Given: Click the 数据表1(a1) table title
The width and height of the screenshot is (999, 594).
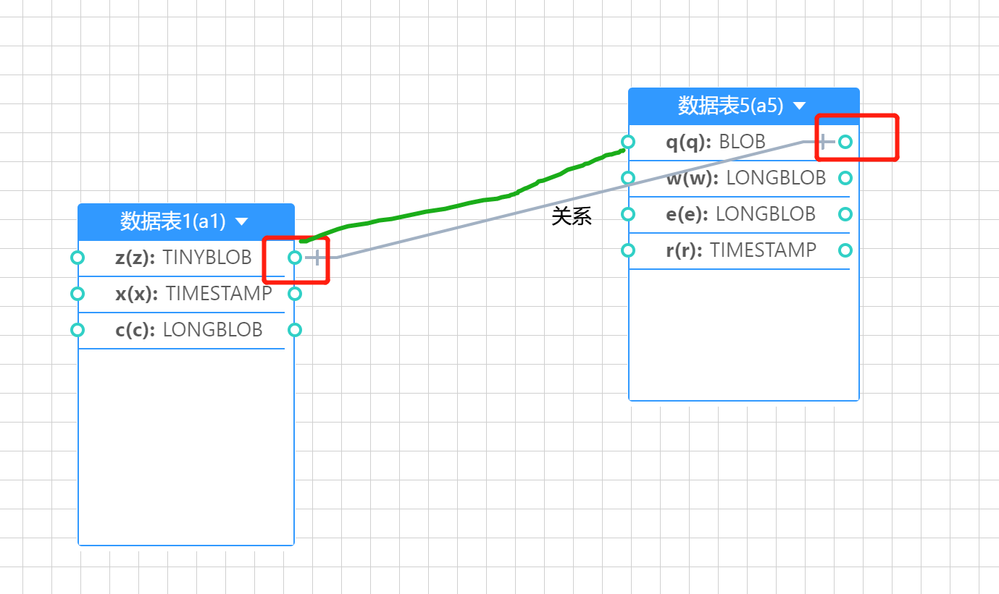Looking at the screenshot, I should coord(173,221).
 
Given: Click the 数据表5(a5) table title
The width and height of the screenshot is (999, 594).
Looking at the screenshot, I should coord(730,106).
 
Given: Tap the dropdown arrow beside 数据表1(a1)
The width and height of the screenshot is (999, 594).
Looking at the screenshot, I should coord(242,221).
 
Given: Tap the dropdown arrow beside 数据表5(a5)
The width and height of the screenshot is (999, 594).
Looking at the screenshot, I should coord(799,106).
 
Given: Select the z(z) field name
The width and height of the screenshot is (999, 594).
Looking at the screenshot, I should coord(135,258).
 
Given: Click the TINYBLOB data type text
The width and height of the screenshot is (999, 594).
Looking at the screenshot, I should coord(207,258).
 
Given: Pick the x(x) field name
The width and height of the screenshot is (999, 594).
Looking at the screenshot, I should coord(136,294).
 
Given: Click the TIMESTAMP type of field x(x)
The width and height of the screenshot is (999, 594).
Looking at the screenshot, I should coord(219,294).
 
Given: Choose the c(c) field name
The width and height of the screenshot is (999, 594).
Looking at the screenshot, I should coord(135,330).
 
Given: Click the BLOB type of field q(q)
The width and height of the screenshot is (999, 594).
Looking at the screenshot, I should coord(742,142).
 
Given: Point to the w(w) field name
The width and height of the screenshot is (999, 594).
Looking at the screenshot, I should coord(692,178).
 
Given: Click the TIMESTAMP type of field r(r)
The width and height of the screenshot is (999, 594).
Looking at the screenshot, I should coord(763,250).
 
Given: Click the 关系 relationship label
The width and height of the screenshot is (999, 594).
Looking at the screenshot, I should coord(572,216).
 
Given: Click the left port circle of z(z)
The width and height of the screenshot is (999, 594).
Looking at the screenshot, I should coord(78,257).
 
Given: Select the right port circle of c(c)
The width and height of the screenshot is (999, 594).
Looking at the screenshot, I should coord(295,330).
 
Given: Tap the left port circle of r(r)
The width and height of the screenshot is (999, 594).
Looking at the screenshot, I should coord(628,250).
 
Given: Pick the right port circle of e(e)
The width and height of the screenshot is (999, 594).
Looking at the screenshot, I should coord(845,214).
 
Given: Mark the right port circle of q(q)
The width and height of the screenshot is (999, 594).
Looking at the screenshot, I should coord(845,142).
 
